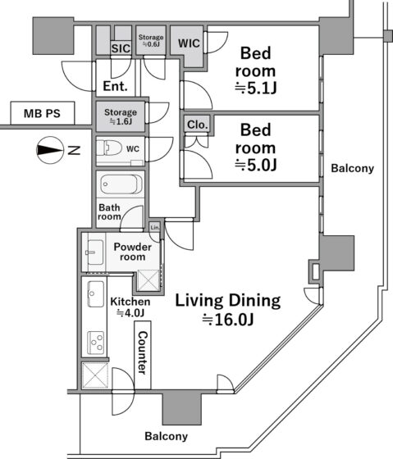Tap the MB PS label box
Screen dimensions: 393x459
43,113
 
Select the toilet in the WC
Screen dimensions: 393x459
109,148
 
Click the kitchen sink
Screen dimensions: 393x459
96,294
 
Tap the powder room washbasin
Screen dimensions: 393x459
94,252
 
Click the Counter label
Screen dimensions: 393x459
143,352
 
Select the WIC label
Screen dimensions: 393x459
189,43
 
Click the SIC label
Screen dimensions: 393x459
121,48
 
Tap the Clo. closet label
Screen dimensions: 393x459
198,125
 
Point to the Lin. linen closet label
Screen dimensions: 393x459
155,227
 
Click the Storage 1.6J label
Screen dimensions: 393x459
121,116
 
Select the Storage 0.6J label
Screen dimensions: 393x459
151,40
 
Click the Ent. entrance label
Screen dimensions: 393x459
115,86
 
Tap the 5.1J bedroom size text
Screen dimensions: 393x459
255,89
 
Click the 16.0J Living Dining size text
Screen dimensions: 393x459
228,320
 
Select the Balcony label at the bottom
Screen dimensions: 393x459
167,436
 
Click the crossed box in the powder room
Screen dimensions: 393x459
149,280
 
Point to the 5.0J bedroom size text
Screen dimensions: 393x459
255,166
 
